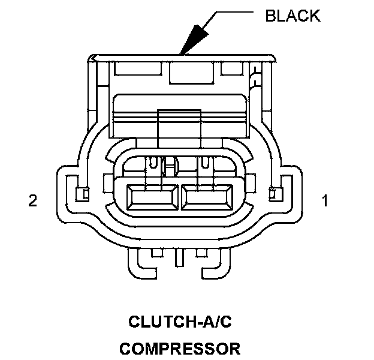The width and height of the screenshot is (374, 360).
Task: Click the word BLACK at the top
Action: click(292, 16)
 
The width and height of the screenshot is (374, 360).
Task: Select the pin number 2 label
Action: click(32, 200)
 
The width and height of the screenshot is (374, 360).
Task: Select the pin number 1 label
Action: click(325, 200)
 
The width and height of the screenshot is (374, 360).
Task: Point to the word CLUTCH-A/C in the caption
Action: click(180, 322)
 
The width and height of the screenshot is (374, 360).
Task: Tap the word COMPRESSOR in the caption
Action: click(180, 349)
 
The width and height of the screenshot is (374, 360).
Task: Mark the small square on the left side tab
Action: click(85, 193)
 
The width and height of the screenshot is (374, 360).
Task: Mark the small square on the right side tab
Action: click(275, 193)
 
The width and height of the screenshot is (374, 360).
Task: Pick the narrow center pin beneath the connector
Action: click(179, 260)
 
